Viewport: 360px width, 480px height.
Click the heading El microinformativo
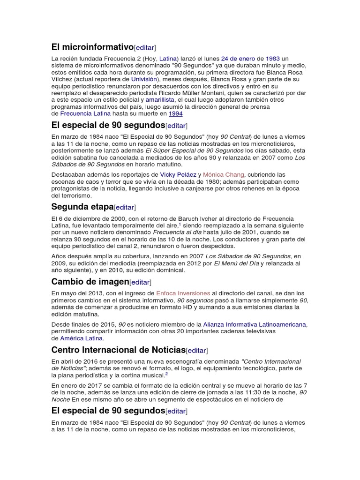pos(92,47)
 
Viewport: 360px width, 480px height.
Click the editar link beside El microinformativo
pos(145,48)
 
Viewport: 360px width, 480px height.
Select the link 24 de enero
pos(238,59)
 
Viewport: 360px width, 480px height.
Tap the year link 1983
pos(273,59)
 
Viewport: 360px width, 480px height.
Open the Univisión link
pos(143,80)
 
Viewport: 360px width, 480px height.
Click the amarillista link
pos(160,100)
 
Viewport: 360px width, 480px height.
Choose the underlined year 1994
pos(176,113)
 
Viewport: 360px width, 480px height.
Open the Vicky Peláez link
pos(178,175)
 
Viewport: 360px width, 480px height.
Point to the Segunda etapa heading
pos(82,207)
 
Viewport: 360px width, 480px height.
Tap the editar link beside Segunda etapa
pos(125,208)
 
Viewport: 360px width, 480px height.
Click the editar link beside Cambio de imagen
pos(140,282)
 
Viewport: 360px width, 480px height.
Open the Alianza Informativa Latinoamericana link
pos(255,324)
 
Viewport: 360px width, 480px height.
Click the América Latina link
pos(81,338)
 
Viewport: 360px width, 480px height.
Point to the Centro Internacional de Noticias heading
pos(119,350)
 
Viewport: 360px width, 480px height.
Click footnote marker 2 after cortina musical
pos(166,375)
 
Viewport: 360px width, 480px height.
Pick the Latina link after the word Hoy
pos(168,59)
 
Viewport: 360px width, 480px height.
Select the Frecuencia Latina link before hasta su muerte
pos(85,113)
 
